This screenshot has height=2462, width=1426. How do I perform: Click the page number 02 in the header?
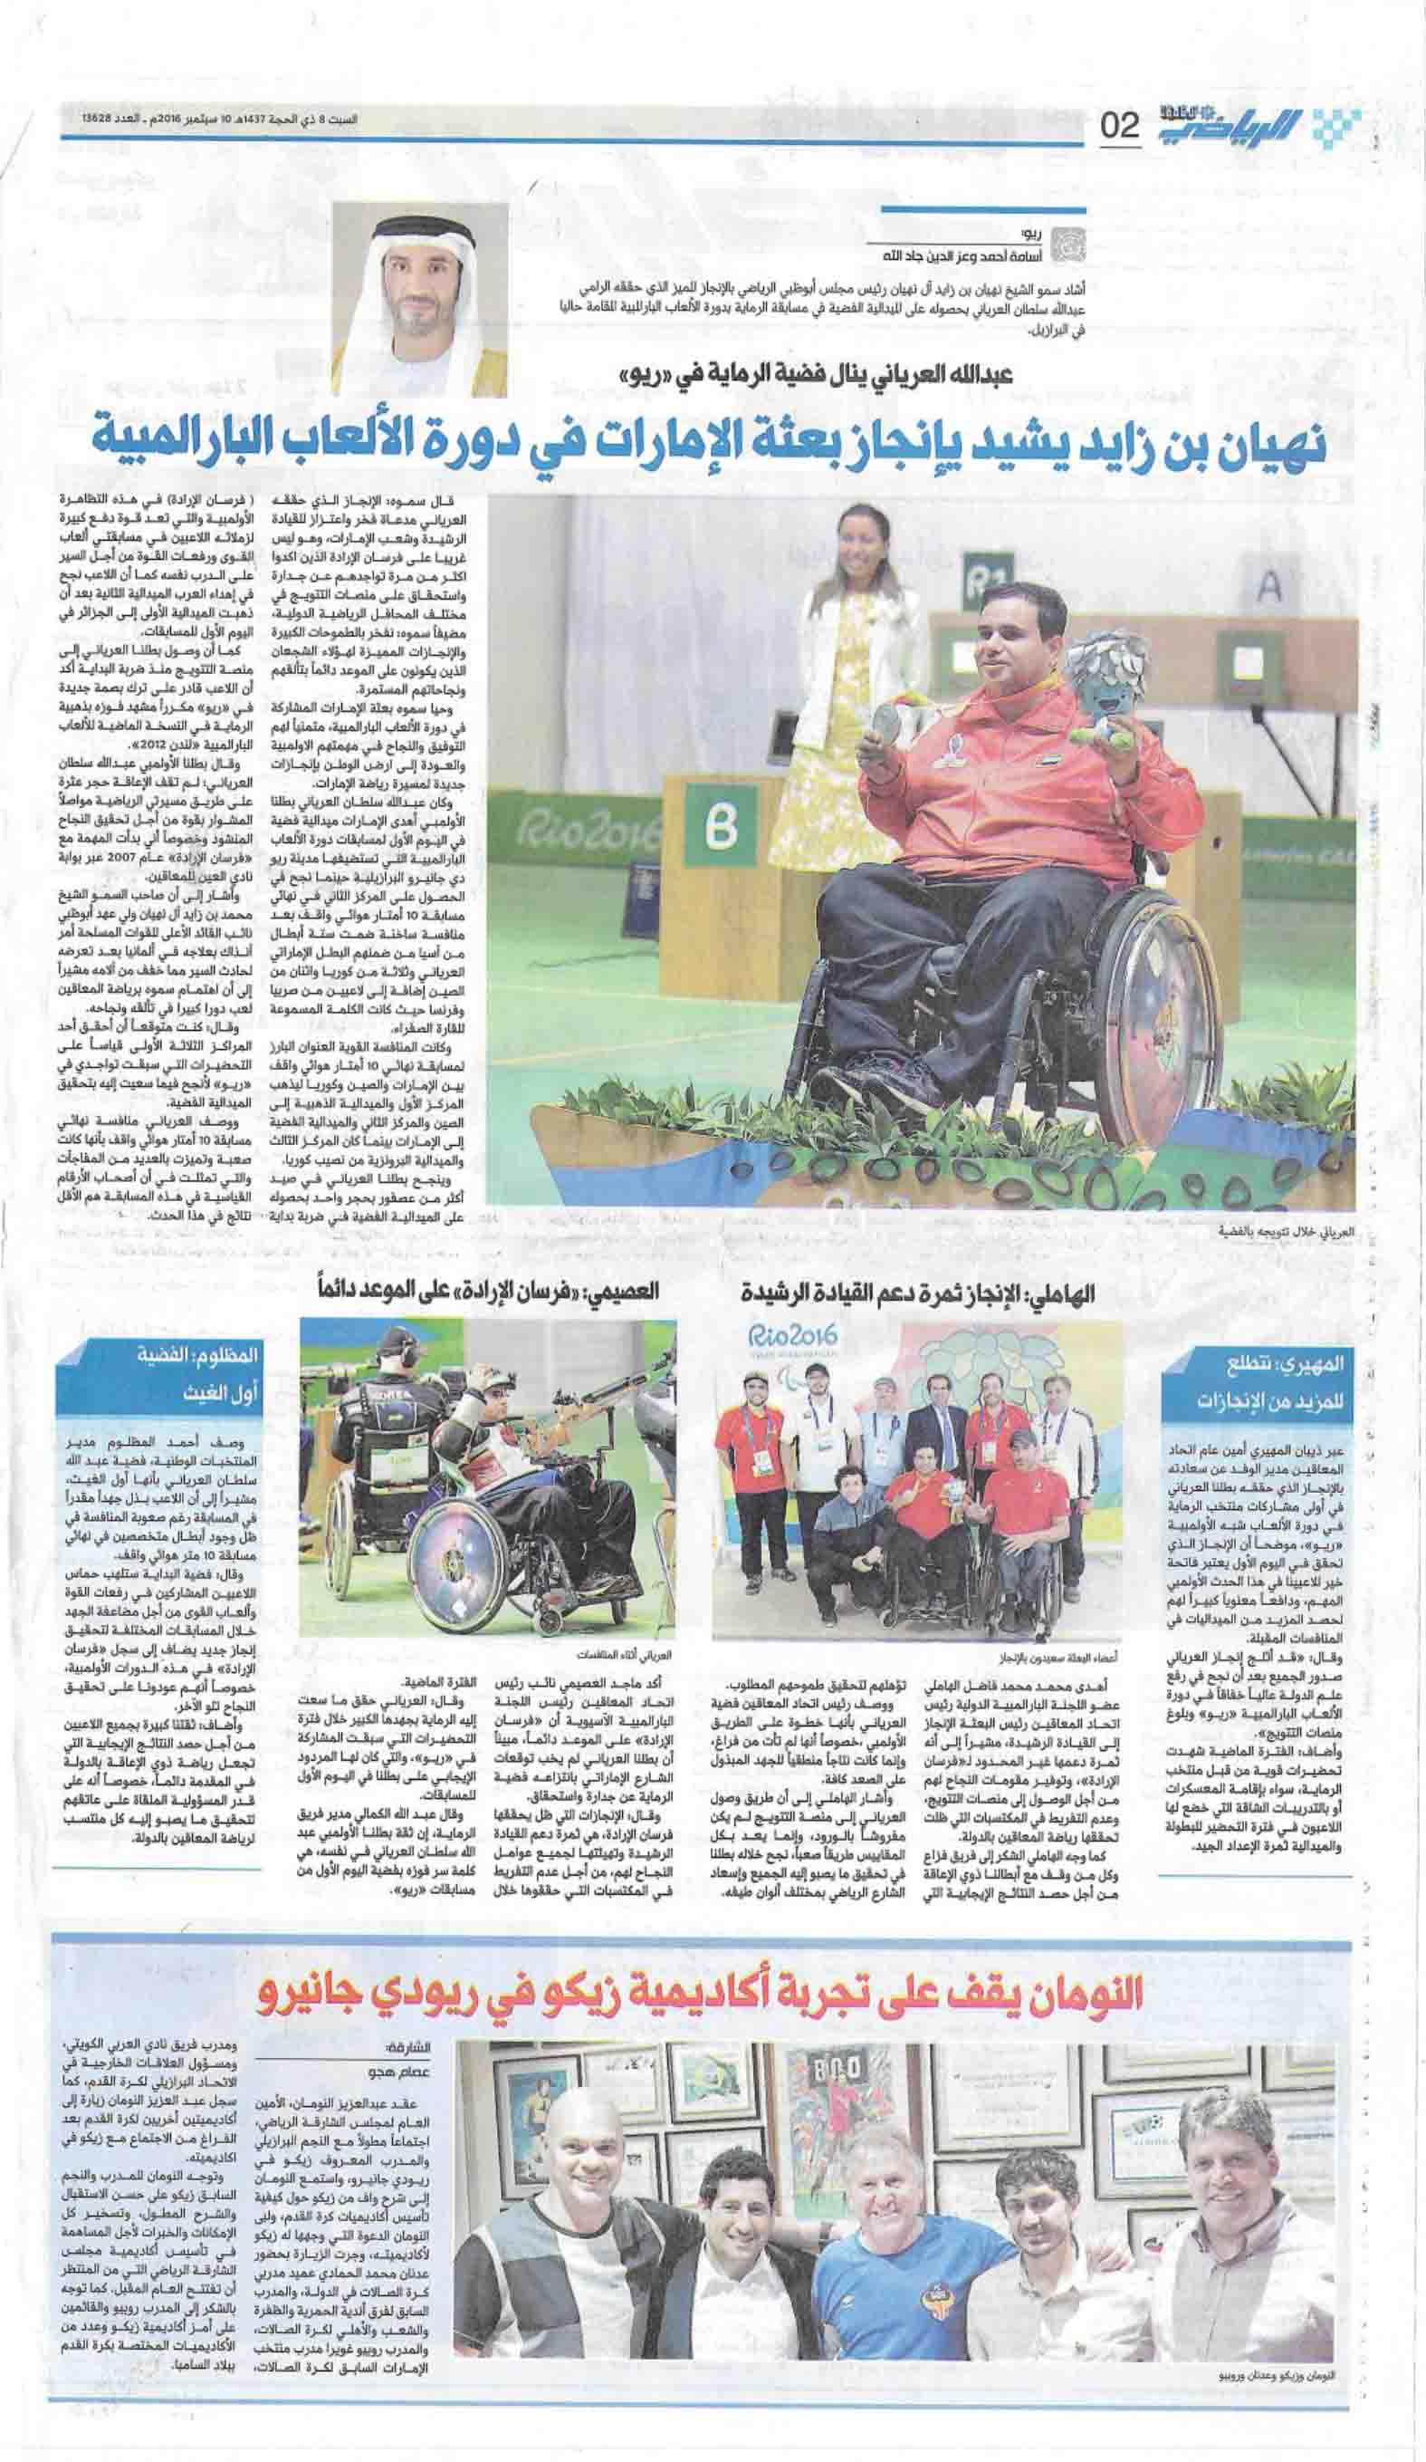(x=1120, y=125)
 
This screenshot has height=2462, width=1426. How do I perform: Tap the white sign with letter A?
(x=1268, y=585)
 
